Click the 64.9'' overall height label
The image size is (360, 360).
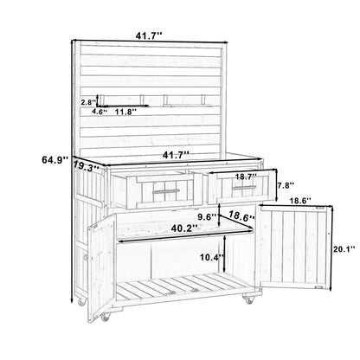(55, 159)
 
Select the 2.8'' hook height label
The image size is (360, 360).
(88, 102)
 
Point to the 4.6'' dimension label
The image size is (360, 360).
(100, 112)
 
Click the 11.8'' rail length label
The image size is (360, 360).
(125, 112)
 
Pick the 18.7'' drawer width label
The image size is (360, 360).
(246, 177)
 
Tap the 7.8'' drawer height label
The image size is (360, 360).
(286, 185)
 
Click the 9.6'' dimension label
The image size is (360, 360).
(206, 216)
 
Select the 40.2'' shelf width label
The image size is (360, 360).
(184, 228)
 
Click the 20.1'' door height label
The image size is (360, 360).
(344, 248)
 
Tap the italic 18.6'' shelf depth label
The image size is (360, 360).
(242, 215)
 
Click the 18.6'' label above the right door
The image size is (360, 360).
(300, 200)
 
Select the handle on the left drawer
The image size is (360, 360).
(166, 190)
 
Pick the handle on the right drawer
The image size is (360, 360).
(245, 188)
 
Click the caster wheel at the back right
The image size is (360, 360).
(248, 299)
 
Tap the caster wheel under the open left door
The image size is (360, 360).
(105, 317)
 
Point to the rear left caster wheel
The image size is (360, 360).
(82, 301)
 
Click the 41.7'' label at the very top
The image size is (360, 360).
(149, 36)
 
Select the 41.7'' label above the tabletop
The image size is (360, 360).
(176, 155)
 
